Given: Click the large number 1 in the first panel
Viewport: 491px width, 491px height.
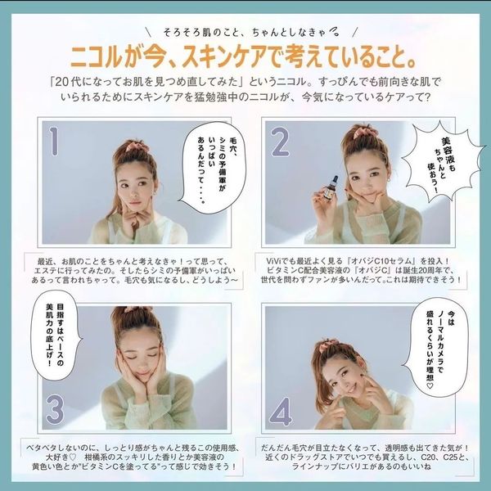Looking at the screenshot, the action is click(54, 141).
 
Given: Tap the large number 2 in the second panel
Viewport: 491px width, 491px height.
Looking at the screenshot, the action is click(280, 142).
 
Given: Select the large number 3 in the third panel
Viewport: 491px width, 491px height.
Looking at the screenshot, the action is click(55, 410).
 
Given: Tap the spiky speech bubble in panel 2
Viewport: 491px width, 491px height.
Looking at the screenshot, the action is click(442, 163).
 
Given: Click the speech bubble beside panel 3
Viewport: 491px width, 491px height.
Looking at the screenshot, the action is click(56, 335).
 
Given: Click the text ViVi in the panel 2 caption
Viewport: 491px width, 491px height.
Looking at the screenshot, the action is click(273, 261).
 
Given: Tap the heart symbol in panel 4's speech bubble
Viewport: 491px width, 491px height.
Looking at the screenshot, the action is click(430, 385).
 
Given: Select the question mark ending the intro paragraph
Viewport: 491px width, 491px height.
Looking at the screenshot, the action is click(426, 97).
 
